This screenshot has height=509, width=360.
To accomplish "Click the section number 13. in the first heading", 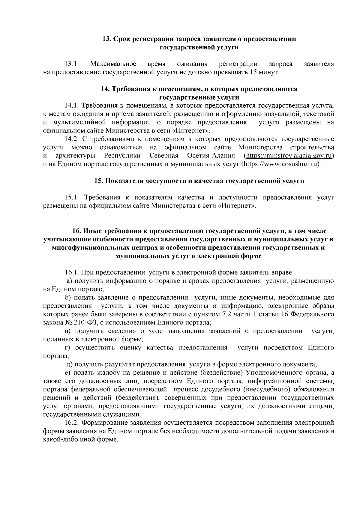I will tap(107, 39).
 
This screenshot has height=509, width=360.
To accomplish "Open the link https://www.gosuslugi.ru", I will tap(281, 164).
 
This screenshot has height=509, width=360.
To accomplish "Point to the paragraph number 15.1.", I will tap(72, 197).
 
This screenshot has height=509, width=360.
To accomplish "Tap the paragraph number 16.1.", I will tap(72, 273).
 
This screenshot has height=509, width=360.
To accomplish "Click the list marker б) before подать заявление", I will tap(68, 298).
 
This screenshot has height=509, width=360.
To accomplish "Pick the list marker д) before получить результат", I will tap(69, 364).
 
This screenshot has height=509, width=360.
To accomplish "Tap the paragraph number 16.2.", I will tap(72, 423).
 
